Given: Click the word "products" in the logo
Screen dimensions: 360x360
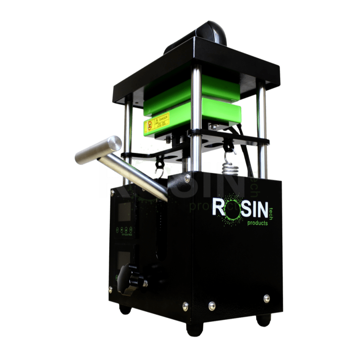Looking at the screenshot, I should [x=257, y=223].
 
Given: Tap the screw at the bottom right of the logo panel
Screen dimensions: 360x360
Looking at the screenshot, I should [x=266, y=298].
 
